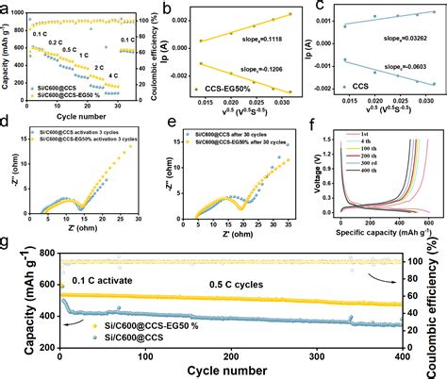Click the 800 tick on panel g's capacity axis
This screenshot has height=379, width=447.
point(43,255)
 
